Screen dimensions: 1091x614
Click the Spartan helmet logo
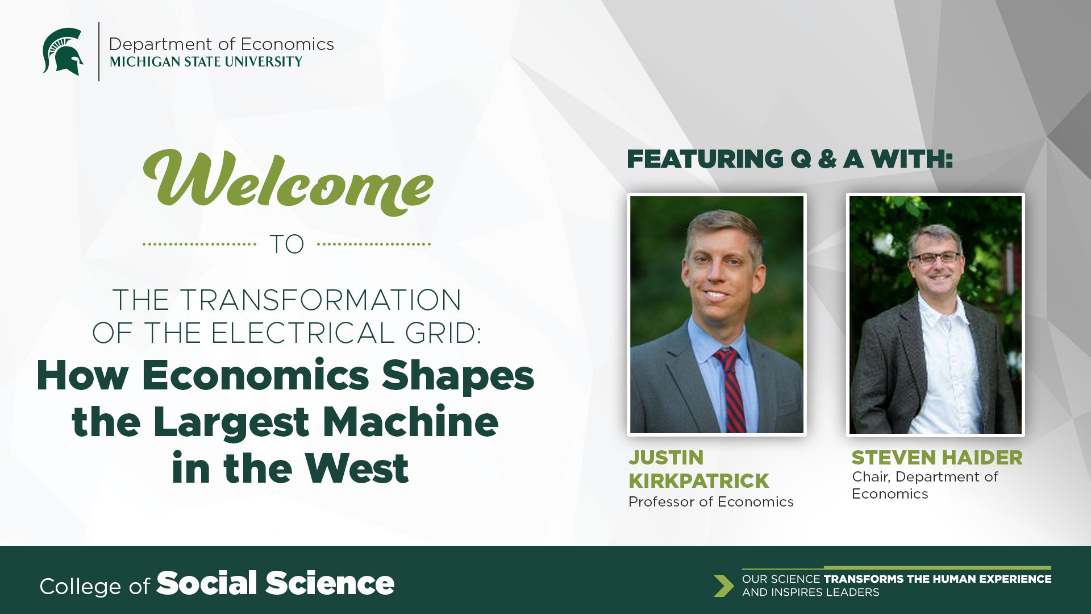click(x=63, y=52)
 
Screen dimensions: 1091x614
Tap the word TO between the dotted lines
click(x=287, y=244)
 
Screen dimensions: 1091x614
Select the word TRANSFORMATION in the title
click(x=320, y=300)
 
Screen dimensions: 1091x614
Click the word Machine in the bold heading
click(x=411, y=422)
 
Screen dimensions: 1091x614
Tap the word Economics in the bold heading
click(x=256, y=376)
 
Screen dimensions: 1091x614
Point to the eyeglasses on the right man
click(x=935, y=258)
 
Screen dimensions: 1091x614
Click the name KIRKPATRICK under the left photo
click(x=698, y=481)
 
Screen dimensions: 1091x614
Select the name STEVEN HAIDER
click(x=937, y=458)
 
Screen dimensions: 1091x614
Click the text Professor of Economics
click(x=711, y=502)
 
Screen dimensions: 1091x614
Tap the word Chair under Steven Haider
click(x=871, y=477)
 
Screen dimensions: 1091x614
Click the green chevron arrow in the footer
click(x=724, y=586)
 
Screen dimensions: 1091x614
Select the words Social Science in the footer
click(x=276, y=583)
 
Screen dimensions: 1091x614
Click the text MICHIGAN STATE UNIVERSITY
click(x=206, y=62)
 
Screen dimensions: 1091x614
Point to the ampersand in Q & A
click(x=827, y=159)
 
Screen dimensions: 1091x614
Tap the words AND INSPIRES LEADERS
click(x=810, y=592)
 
